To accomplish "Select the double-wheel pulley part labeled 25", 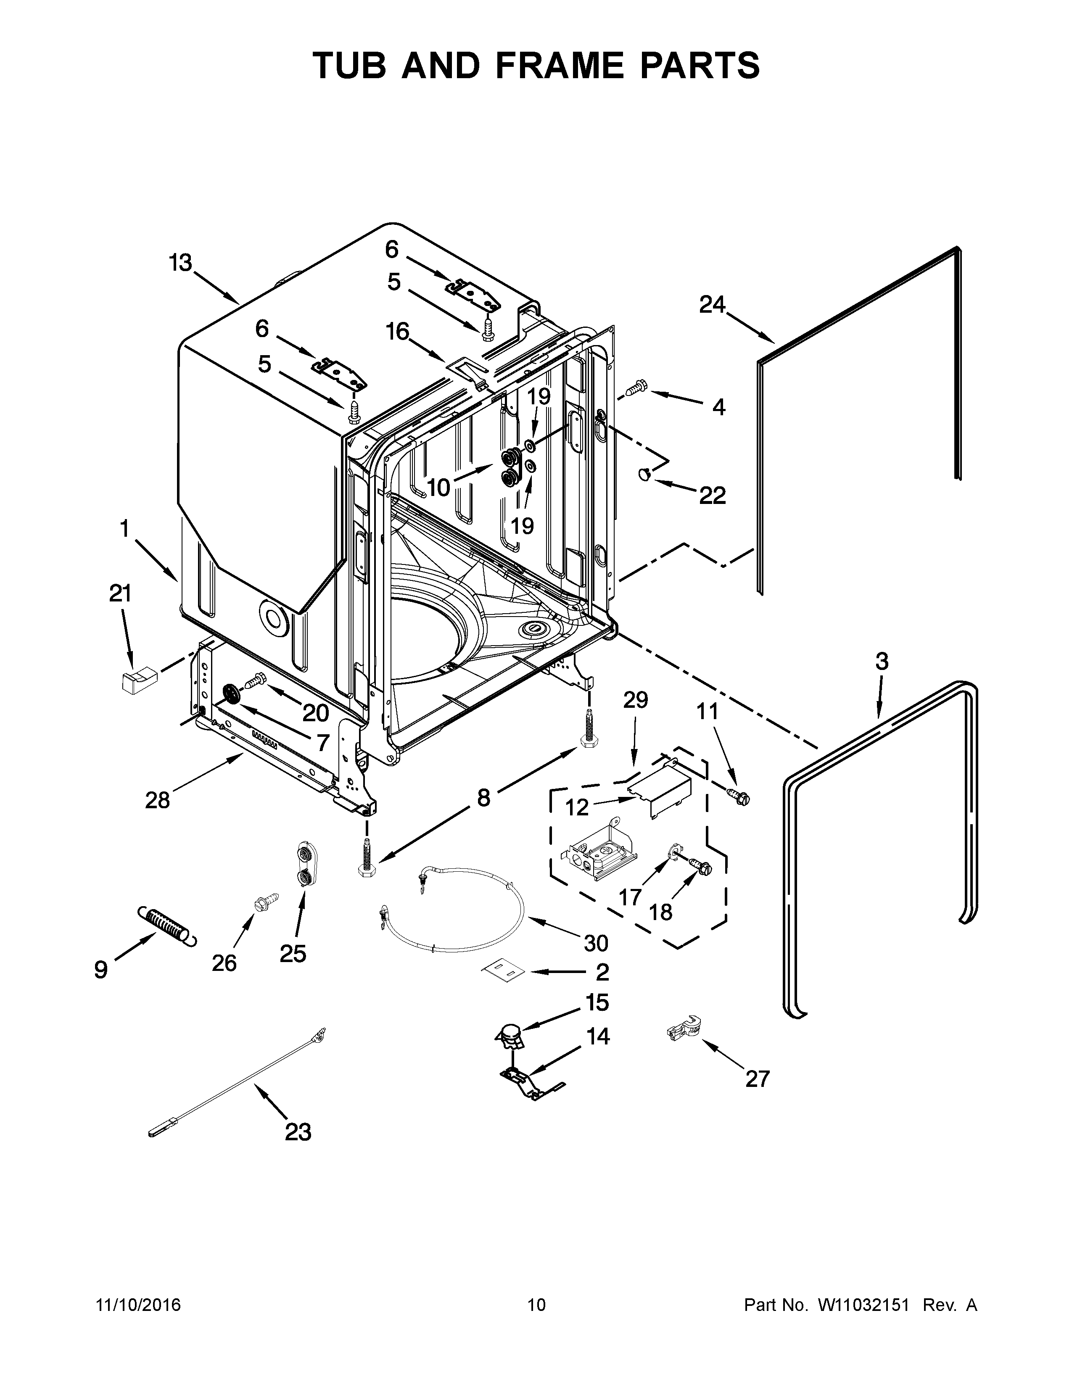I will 306,864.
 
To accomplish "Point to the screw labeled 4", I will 636,388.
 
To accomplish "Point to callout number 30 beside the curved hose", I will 596,943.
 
